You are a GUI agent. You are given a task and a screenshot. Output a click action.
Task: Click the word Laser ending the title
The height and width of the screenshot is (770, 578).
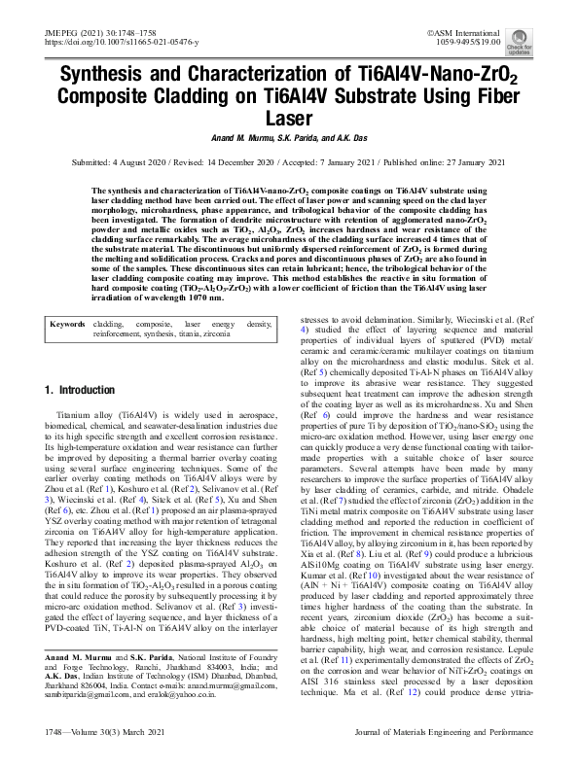click(288, 119)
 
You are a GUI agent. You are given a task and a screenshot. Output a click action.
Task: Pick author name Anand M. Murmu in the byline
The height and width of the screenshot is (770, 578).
click(235, 137)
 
